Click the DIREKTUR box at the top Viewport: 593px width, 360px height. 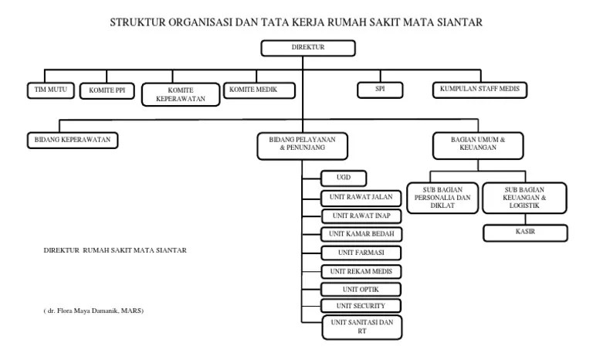[308, 48]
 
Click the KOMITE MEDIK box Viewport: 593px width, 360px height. [259, 90]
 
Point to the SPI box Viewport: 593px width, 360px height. [379, 90]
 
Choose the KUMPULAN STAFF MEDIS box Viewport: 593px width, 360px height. [479, 90]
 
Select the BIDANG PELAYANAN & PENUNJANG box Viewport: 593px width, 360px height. [302, 144]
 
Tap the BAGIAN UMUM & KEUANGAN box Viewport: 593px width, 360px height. [478, 144]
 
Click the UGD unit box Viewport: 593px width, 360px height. [344, 178]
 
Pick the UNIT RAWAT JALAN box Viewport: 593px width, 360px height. [361, 197]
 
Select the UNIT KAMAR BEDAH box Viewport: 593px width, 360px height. [361, 233]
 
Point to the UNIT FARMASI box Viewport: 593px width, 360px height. [361, 253]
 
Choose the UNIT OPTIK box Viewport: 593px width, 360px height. [361, 289]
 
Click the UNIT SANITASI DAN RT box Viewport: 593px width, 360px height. [361, 327]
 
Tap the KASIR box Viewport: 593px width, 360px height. [525, 232]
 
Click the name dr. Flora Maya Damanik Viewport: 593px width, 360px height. [96, 311]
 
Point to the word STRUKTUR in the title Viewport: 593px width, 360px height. [144, 23]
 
